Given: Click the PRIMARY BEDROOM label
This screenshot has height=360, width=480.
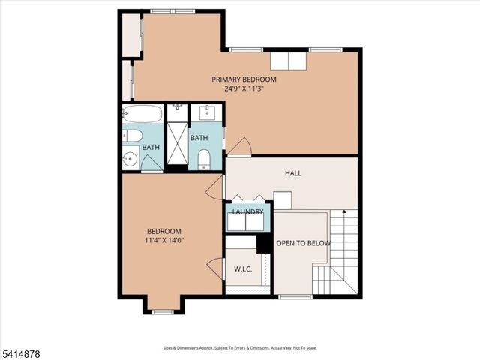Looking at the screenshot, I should pos(244,79).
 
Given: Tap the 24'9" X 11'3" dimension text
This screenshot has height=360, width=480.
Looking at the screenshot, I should pos(244,88).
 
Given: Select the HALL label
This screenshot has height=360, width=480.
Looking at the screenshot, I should pos(292,173).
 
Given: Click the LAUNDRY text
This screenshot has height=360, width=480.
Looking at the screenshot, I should pos(247,212).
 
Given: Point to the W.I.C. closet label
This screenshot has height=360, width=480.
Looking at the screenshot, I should pos(242,268).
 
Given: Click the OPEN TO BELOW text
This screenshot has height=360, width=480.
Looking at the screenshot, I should pos(300,244).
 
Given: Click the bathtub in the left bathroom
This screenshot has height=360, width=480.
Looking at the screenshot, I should pos(142,115).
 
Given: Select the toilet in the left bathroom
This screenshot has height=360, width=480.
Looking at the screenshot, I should pos(132,136).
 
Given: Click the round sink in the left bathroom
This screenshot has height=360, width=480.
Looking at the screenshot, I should pos(130,159).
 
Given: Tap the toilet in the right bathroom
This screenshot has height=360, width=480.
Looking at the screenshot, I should pos(204,159).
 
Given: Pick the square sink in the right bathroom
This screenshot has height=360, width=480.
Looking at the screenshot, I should pos(207,114).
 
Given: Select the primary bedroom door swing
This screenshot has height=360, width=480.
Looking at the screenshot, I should pos(239,146).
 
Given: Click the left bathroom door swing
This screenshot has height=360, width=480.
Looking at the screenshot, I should pos(151,163).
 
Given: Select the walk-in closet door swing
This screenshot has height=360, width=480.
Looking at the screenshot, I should pos(215,268).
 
